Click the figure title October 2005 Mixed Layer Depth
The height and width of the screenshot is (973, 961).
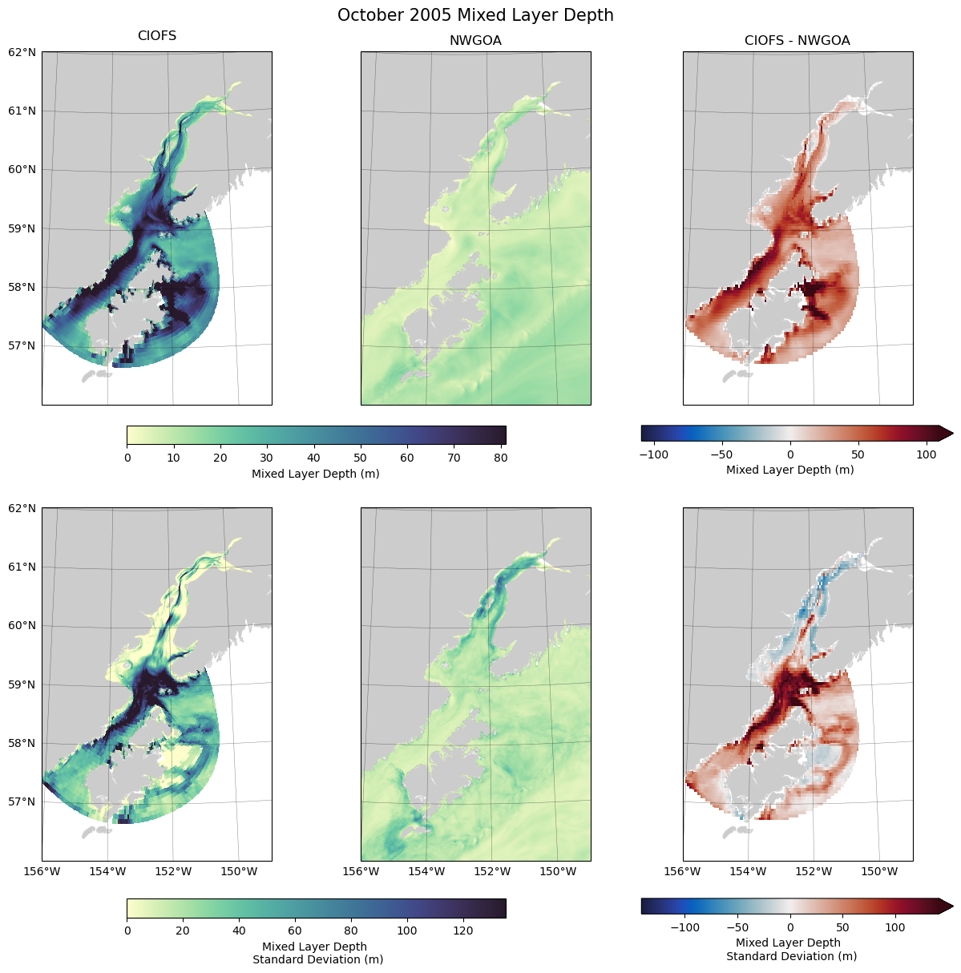[475, 15]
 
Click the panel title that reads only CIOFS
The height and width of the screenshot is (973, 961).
[157, 36]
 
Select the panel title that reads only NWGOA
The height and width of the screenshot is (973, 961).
[475, 41]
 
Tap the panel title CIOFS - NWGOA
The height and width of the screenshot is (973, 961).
[797, 41]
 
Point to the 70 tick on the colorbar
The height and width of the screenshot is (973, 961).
[454, 458]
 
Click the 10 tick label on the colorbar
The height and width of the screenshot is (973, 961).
[173, 458]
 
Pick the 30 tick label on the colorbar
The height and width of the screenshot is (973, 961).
[267, 458]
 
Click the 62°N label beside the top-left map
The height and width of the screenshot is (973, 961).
[22, 52]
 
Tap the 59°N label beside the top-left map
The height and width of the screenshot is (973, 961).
[22, 228]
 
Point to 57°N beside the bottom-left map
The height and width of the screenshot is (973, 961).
[22, 801]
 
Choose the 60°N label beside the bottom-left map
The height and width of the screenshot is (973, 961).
[22, 626]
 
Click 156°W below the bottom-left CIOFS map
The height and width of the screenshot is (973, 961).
[42, 871]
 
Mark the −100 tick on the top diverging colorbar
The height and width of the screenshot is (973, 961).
[654, 454]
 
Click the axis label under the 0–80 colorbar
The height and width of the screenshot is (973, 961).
[316, 474]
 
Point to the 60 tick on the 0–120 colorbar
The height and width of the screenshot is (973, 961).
[295, 931]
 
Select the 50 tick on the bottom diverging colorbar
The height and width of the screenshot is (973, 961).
[842, 927]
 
